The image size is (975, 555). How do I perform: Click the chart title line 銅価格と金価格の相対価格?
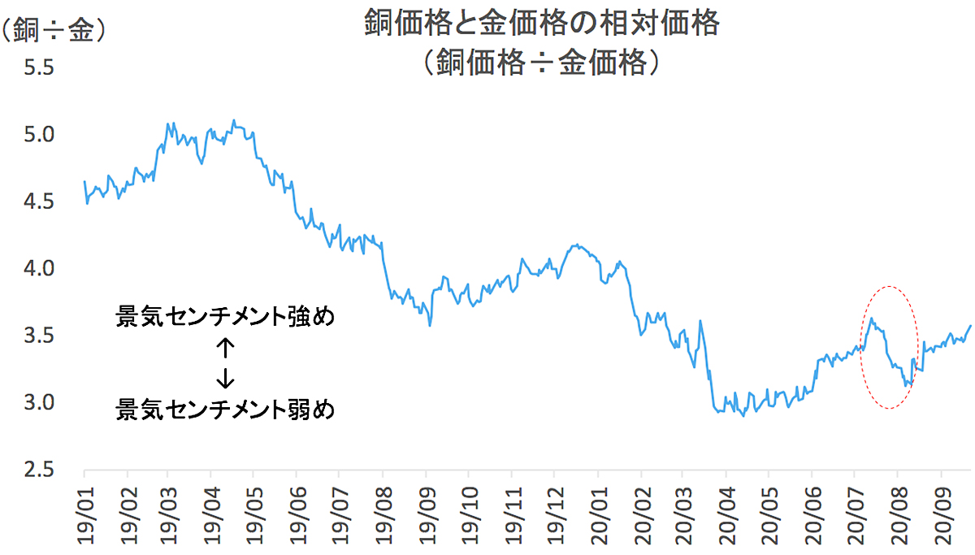coord(541,24)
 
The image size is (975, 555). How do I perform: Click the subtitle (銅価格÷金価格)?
coord(541,61)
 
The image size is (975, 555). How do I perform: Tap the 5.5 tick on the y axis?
coord(37,67)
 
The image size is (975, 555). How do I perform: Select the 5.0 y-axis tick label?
coord(37,134)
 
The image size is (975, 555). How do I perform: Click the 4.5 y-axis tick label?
coord(37,202)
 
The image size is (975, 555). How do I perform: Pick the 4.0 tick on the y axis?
coord(37,268)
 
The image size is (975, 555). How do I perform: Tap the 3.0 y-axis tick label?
coord(37,402)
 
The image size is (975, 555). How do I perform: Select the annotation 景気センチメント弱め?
coord(225,408)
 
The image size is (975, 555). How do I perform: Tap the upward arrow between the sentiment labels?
coord(225,349)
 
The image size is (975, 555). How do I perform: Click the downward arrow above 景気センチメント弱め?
coord(225,376)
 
